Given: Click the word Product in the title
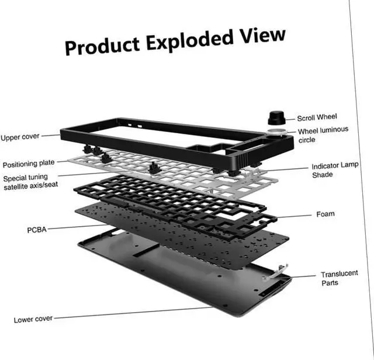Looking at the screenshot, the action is coord(102,46).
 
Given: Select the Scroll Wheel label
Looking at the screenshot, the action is coord(317,117).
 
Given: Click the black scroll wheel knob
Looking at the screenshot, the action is coord(275,115).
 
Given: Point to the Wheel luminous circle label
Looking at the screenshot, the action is coord(323,135).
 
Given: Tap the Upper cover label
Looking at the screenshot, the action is coord(20,137).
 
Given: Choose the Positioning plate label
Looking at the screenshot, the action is coord(29,164).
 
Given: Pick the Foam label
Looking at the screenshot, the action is coord(325,214).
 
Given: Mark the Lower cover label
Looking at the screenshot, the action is coord(33,319).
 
